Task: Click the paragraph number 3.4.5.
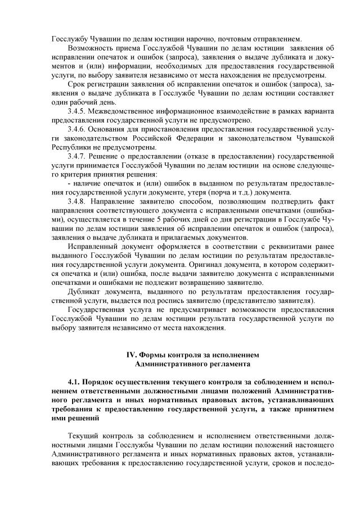[76, 111]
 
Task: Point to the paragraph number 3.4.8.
[76, 201]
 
